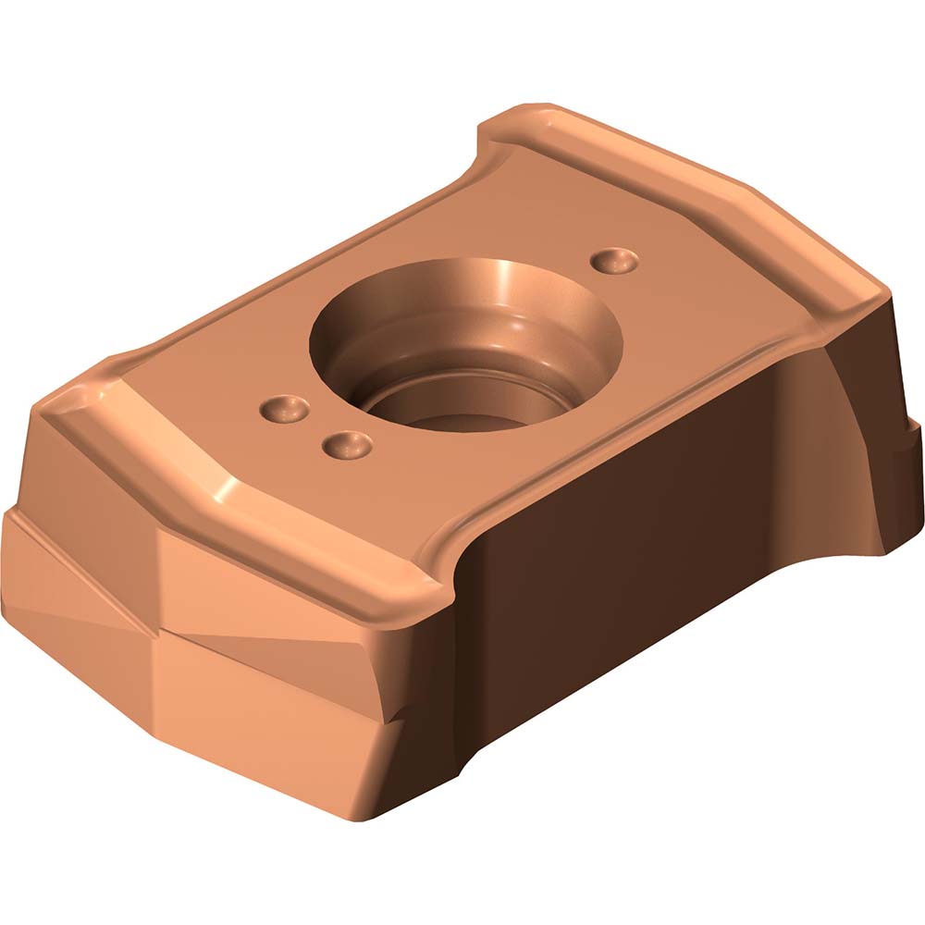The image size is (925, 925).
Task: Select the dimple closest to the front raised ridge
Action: click(x=347, y=446)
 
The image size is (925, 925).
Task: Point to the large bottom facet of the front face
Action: click(x=277, y=731)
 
